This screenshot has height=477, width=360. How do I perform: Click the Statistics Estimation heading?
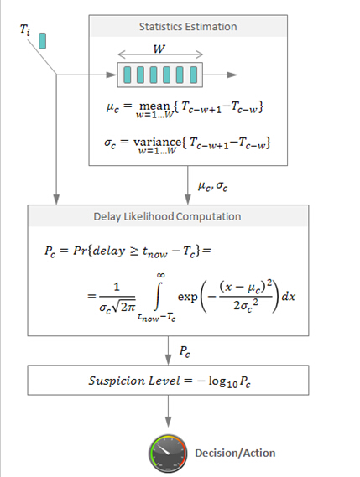[188, 27]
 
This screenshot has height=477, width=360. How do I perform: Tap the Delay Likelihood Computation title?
[167, 216]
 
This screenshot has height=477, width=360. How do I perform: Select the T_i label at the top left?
[25, 30]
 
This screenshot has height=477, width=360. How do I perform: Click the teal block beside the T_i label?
[42, 41]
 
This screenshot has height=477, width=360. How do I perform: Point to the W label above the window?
[159, 49]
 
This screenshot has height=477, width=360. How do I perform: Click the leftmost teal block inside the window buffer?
[128, 75]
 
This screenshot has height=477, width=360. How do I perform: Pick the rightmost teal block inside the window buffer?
[193, 75]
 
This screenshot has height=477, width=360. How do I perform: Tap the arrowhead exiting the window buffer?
[232, 75]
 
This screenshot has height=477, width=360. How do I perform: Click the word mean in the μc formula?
[154, 106]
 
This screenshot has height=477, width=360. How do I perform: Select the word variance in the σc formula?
[158, 142]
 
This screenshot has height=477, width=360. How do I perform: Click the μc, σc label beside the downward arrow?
[212, 186]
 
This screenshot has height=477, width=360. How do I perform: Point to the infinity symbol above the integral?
[161, 275]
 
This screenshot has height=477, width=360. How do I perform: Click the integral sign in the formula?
[158, 296]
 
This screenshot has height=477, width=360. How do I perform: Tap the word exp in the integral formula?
[188, 297]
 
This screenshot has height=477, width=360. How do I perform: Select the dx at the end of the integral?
[288, 296]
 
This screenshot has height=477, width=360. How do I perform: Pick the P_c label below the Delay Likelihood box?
[185, 351]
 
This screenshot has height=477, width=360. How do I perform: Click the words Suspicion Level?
[134, 381]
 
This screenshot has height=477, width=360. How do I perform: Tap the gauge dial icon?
[168, 453]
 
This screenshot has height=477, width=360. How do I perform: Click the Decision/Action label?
[235, 453]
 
